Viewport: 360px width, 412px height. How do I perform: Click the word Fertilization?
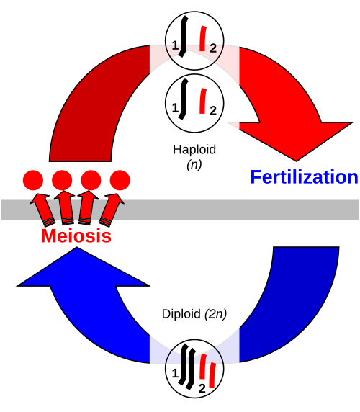[x=304, y=177]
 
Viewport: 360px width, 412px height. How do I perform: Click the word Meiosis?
[x=76, y=236]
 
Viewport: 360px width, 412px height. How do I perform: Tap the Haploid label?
[x=194, y=150]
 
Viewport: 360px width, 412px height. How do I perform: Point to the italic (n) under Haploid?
[x=194, y=165]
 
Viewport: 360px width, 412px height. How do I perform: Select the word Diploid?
[x=181, y=314]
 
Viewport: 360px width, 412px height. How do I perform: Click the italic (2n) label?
[x=215, y=314]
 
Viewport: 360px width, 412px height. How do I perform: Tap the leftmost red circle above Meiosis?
[x=33, y=180]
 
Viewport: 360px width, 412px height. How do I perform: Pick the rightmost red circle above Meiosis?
[x=120, y=180]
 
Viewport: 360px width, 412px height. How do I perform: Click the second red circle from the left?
[x=62, y=180]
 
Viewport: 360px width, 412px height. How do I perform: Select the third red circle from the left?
[x=91, y=180]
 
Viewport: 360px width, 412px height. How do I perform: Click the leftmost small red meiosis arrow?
[x=42, y=210]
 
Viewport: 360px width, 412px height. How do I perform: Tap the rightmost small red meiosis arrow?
[x=112, y=210]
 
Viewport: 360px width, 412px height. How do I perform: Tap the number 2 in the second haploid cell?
[x=213, y=111]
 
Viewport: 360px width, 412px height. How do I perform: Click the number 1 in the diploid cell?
[x=175, y=373]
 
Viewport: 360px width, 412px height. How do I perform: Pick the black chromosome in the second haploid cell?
[x=184, y=99]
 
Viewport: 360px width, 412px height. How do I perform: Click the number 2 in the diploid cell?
[x=202, y=388]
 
